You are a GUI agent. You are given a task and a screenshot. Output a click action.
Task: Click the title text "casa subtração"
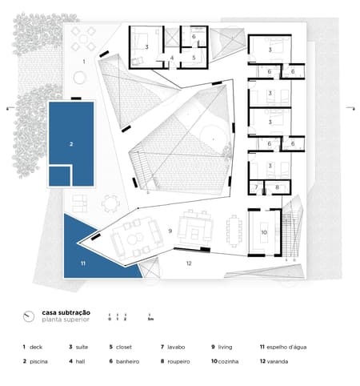pyautogui.click(x=66, y=312)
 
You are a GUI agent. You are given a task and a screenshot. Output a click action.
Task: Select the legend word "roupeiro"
pyautogui.click(x=179, y=362)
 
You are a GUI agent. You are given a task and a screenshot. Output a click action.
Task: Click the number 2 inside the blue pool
pyautogui.click(x=71, y=145)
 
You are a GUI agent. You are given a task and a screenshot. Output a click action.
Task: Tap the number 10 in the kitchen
pyautogui.click(x=263, y=232)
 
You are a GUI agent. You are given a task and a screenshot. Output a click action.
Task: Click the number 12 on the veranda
pyautogui.click(x=190, y=263)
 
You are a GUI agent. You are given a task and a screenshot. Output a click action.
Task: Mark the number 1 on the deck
pyautogui.click(x=83, y=61)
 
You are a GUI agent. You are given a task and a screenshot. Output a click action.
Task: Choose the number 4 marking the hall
pyautogui.click(x=171, y=58)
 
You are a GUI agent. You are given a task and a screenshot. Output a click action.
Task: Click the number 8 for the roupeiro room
pyautogui.click(x=277, y=187)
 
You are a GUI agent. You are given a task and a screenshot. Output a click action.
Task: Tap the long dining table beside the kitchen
pyautogui.click(x=234, y=230)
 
